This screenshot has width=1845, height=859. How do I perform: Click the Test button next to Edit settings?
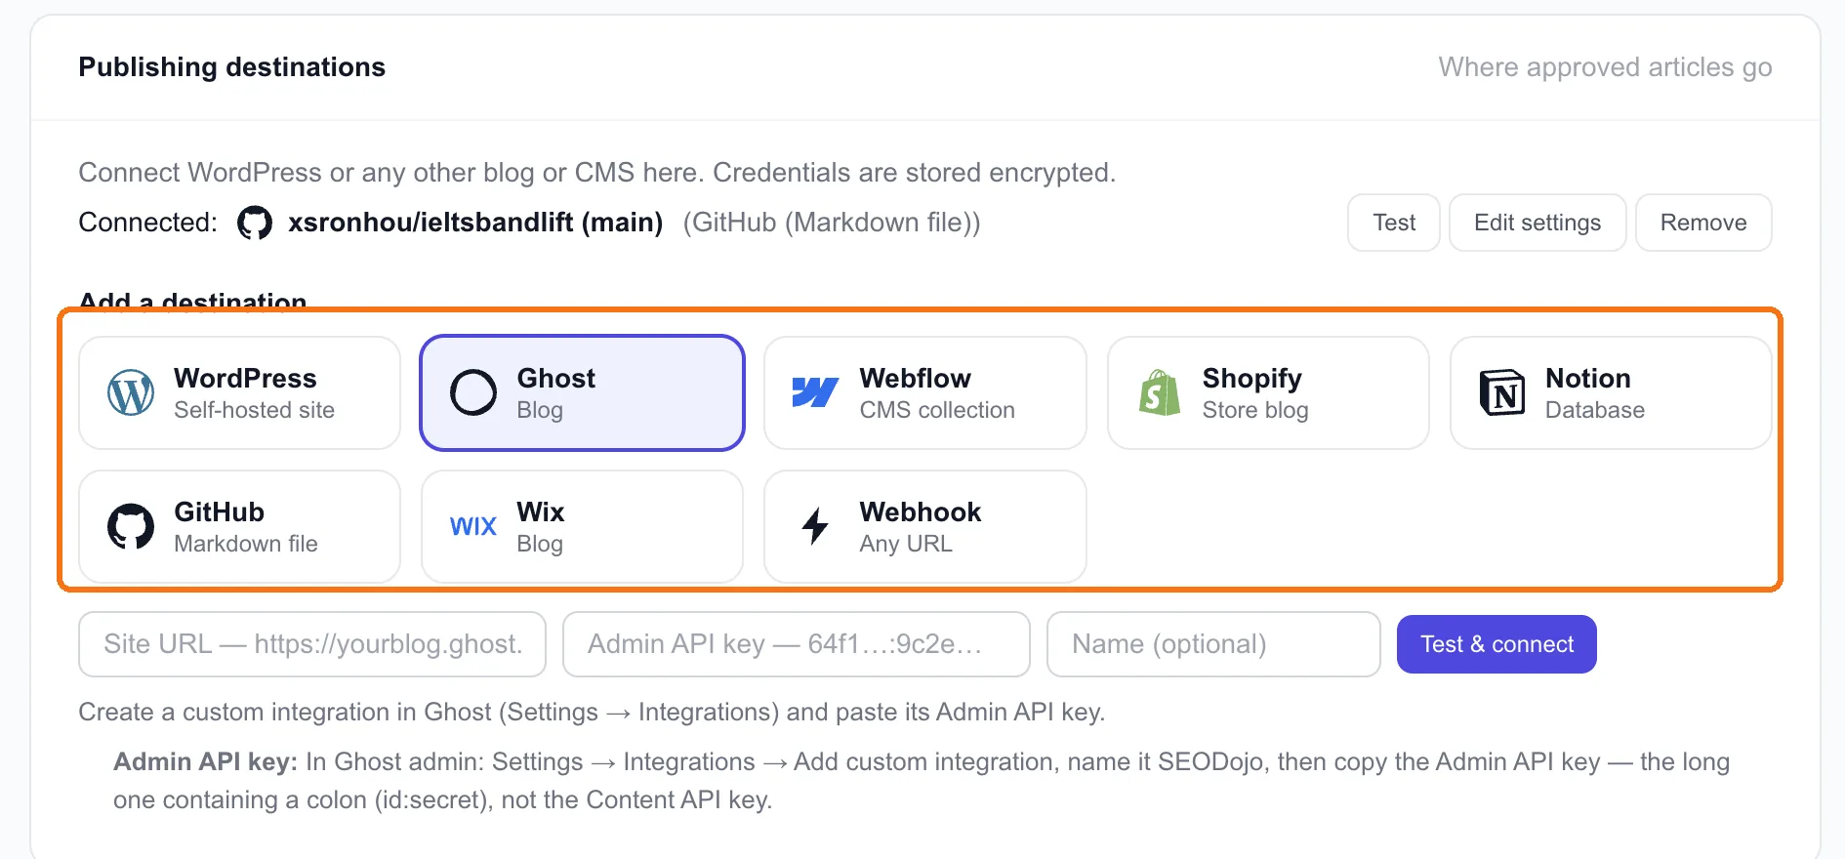tap(1393, 223)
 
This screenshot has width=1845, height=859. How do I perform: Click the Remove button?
tap(1703, 223)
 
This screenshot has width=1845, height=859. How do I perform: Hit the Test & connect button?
tap(1496, 644)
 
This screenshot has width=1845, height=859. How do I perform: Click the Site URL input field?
tap(312, 644)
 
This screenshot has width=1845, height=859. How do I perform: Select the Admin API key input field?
tap(797, 644)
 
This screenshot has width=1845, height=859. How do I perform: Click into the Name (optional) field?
tap(1213, 644)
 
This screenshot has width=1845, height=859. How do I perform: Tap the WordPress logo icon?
tap(131, 393)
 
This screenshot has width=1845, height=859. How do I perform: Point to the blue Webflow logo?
tap(815, 392)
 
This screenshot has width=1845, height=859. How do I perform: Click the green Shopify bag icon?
tap(1159, 392)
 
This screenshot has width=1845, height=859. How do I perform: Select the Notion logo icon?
tap(1502, 392)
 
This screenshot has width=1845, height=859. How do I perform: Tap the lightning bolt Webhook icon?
tap(815, 526)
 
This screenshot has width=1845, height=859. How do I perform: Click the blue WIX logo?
tap(473, 527)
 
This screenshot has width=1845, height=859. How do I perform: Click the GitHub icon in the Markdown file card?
tap(131, 527)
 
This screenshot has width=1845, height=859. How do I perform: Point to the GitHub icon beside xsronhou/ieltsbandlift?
tap(255, 223)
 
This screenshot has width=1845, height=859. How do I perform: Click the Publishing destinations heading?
tap(232, 67)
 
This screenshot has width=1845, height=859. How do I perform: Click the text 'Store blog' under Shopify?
tap(1255, 410)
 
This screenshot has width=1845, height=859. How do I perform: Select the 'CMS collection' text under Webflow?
tap(937, 410)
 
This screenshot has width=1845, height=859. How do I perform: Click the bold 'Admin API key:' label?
tap(205, 761)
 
